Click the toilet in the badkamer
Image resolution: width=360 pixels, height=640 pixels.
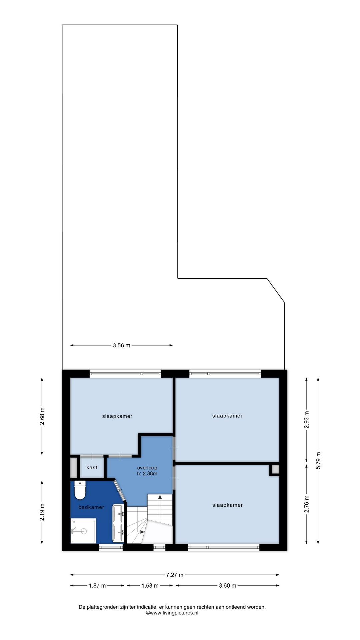point(80,490)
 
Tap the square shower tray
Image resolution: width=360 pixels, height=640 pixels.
point(83,531)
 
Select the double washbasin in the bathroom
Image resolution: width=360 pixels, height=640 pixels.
point(119,523)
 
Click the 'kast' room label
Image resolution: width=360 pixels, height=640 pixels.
point(92,467)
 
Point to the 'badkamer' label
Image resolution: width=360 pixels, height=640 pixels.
point(91,507)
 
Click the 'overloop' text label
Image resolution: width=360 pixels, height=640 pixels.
point(147,468)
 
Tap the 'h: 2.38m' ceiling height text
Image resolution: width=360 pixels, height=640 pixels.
point(147,473)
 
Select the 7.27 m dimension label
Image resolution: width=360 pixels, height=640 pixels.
point(175,575)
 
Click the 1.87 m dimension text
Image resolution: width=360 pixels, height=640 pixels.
point(97,585)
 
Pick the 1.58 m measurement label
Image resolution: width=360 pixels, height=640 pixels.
point(150,585)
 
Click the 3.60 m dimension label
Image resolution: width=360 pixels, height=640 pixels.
point(228,585)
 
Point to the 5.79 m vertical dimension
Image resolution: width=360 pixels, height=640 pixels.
point(318,461)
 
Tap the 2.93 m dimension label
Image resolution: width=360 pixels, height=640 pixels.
point(307,420)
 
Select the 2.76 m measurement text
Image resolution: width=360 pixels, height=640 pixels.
point(307,504)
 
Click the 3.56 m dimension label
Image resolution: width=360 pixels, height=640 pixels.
point(122,345)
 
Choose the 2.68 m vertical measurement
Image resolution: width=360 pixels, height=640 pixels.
point(42,416)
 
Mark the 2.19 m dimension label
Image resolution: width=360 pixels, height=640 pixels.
point(42,512)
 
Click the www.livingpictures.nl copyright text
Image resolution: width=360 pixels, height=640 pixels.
point(172,613)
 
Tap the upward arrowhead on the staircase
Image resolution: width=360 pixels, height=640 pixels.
point(160,497)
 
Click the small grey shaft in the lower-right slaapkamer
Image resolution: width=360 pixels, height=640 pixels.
point(275,469)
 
